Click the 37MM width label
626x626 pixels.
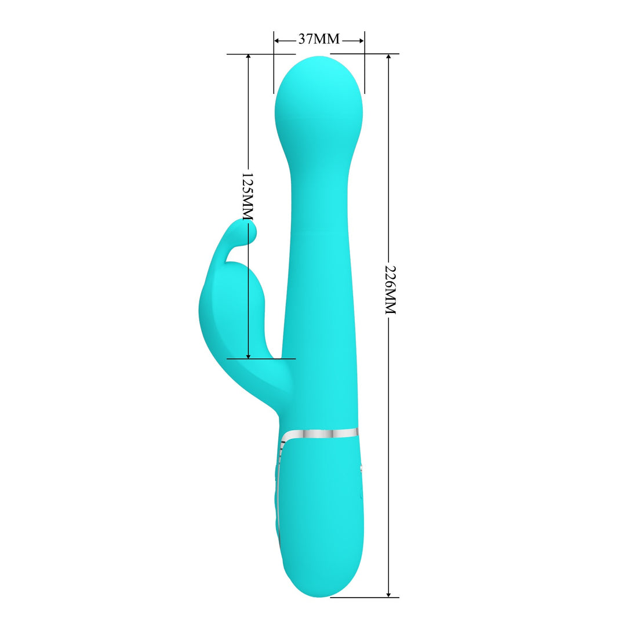(319, 40)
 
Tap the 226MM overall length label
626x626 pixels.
(390, 290)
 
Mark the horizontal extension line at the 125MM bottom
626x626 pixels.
(261, 359)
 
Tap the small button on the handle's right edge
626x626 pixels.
(361, 467)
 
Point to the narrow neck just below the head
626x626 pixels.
(318, 174)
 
